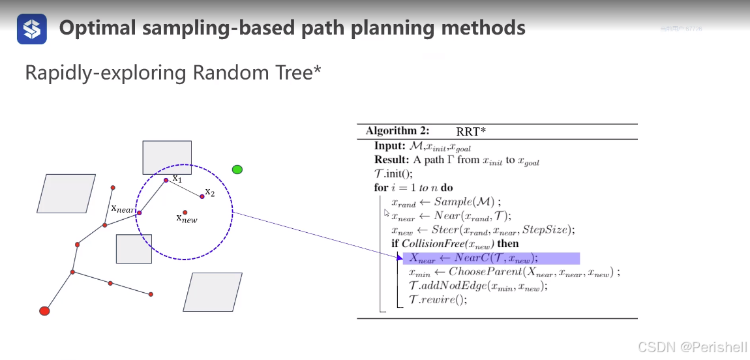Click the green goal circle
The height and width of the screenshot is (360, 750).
click(x=237, y=170)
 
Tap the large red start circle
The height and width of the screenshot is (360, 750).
click(x=44, y=311)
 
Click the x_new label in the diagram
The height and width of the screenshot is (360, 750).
click(x=187, y=218)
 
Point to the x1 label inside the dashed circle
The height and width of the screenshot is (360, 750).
click(x=177, y=178)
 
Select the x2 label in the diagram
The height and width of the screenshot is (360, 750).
click(x=209, y=192)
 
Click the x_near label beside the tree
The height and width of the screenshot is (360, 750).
click(x=123, y=209)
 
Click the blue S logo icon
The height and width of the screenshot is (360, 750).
click(x=32, y=29)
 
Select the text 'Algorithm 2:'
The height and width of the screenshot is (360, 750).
click(x=397, y=131)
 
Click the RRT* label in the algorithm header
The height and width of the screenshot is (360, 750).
click(x=471, y=131)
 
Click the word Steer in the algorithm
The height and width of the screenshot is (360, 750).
click(x=445, y=230)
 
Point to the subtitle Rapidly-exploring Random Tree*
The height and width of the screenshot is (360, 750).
click(x=173, y=73)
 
